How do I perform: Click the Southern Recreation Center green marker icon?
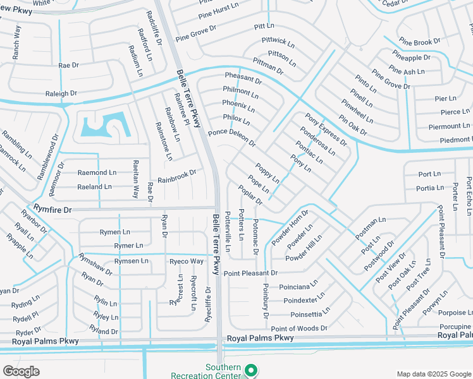coord(250,371)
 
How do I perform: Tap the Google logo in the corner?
coord(21,371)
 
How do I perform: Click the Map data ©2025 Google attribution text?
coord(434,374)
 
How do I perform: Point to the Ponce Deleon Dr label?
coord(232,138)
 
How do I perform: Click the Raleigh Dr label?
coord(61,93)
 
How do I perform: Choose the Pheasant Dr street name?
coord(243,78)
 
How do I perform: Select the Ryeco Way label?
coord(186,261)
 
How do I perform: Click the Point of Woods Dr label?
coord(298,328)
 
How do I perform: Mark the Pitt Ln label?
coord(264,26)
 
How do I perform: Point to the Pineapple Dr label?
coord(411,57)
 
